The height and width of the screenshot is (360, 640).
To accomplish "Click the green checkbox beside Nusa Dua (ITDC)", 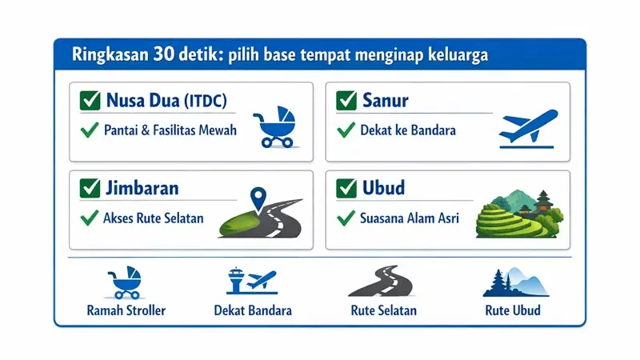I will pyautogui.click(x=90, y=102).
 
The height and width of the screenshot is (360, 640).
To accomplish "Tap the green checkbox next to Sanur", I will pyautogui.click(x=346, y=102).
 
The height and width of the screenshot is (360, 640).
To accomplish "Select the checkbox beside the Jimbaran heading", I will pyautogui.click(x=90, y=189).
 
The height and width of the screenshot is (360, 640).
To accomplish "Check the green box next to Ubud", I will pyautogui.click(x=346, y=189).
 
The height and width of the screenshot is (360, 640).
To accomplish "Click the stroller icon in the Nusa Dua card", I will pyautogui.click(x=274, y=127).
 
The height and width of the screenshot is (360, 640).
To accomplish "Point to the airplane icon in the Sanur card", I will pyautogui.click(x=526, y=126).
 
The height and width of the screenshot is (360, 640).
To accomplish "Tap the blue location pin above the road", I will pyautogui.click(x=258, y=197).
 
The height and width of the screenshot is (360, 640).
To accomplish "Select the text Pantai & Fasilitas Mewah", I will pyautogui.click(x=170, y=130).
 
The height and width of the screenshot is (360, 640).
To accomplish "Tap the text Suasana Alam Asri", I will pyautogui.click(x=409, y=217).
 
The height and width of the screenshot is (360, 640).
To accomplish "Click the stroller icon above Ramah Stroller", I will pyautogui.click(x=125, y=282).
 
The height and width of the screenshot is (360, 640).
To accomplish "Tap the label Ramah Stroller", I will pyautogui.click(x=126, y=310).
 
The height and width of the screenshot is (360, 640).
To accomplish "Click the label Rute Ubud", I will pyautogui.click(x=512, y=310).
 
